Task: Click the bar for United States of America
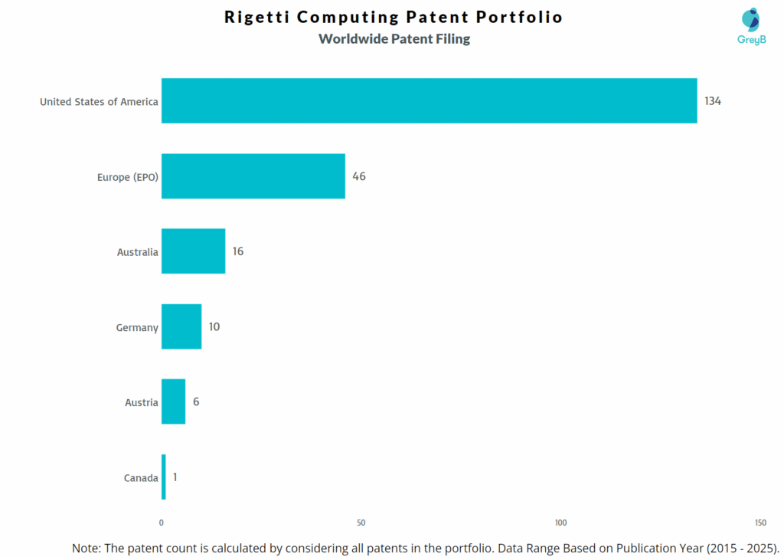[429, 100]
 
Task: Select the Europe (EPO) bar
[253, 176]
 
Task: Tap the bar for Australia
[193, 251]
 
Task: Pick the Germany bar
[181, 326]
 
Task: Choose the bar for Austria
[173, 401]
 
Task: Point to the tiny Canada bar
[163, 477]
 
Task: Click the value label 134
[713, 101]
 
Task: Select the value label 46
[359, 176]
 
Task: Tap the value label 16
[238, 251]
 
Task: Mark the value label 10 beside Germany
[214, 326]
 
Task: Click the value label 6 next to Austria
[196, 401]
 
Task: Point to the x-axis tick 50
[361, 523]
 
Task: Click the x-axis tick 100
[560, 523]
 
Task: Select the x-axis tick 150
[759, 523]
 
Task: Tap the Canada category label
[141, 478]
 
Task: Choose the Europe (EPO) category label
[128, 177]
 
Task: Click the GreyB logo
[750, 27]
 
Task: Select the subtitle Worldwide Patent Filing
[394, 38]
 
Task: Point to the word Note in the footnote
[87, 548]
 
